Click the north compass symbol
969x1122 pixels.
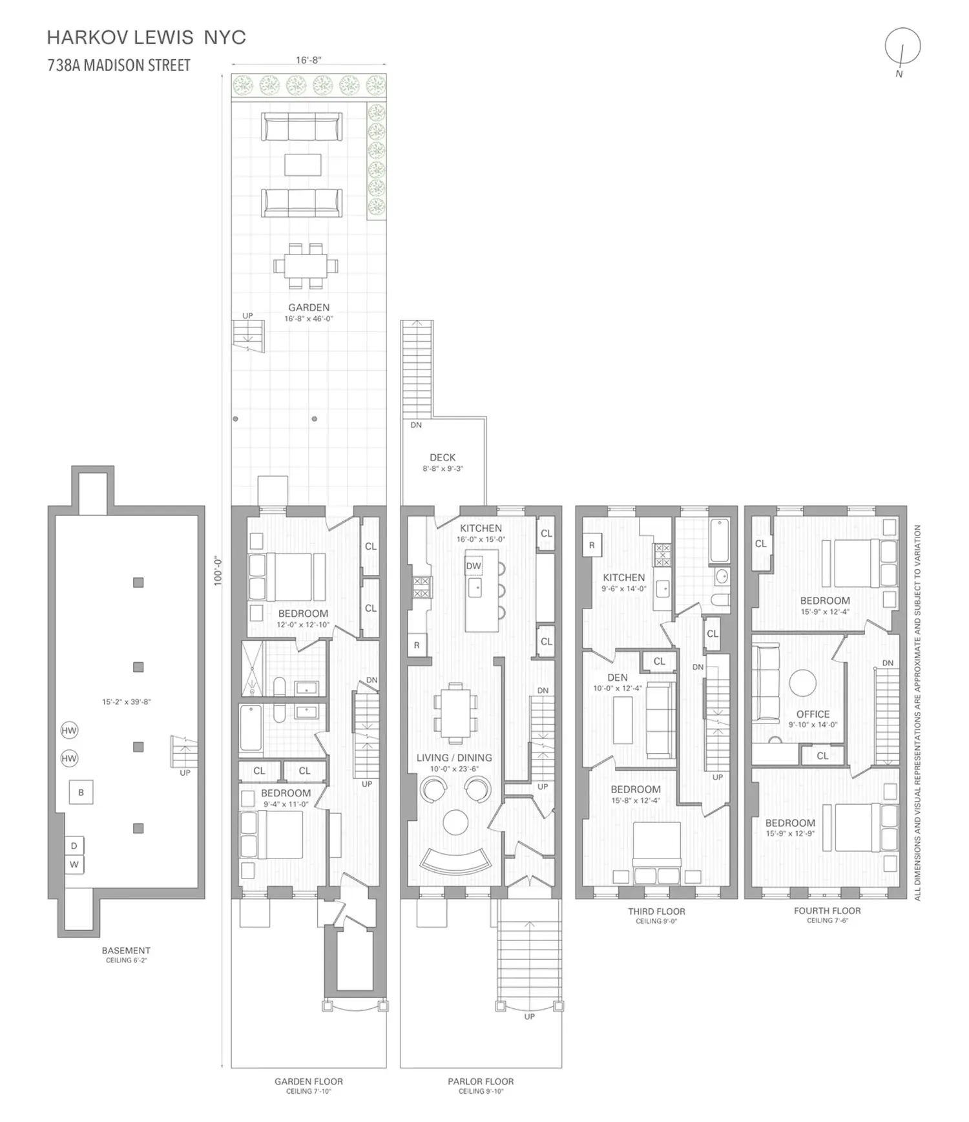click(902, 47)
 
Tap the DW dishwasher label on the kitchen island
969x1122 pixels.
click(474, 566)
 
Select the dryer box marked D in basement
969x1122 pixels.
click(74, 846)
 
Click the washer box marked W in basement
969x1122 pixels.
click(74, 865)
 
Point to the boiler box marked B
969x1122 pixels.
click(81, 793)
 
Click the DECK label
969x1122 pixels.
click(443, 457)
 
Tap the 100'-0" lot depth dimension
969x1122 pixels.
click(218, 571)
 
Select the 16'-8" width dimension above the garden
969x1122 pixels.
click(309, 60)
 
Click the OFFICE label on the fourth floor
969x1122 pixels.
click(813, 714)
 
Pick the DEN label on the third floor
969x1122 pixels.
click(618, 678)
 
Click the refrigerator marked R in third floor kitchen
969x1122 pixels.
click(592, 546)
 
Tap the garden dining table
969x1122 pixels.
click(306, 265)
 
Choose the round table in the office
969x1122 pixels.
click(802, 683)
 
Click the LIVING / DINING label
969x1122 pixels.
click(454, 758)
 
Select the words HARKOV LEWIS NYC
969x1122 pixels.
click(147, 37)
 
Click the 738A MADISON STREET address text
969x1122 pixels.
click(119, 65)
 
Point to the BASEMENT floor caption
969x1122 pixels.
click(126, 950)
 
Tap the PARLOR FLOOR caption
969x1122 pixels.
click(481, 1081)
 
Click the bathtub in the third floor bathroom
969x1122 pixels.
click(719, 541)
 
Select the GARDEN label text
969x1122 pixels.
click(309, 307)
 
